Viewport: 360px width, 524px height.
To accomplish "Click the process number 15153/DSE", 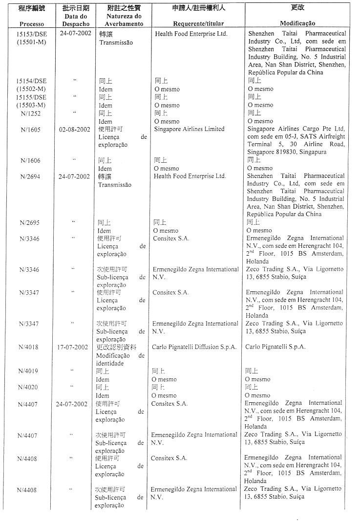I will (x=31, y=34).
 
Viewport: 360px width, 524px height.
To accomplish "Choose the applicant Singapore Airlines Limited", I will (x=190, y=129).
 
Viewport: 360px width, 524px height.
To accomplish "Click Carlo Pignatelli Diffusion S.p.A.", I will (x=194, y=347).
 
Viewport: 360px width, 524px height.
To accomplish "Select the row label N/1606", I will (x=30, y=160).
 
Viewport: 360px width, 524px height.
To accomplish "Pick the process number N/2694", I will (x=29, y=176).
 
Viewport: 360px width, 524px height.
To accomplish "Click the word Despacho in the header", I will (x=76, y=23).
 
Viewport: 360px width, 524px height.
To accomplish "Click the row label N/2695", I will (x=29, y=223).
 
